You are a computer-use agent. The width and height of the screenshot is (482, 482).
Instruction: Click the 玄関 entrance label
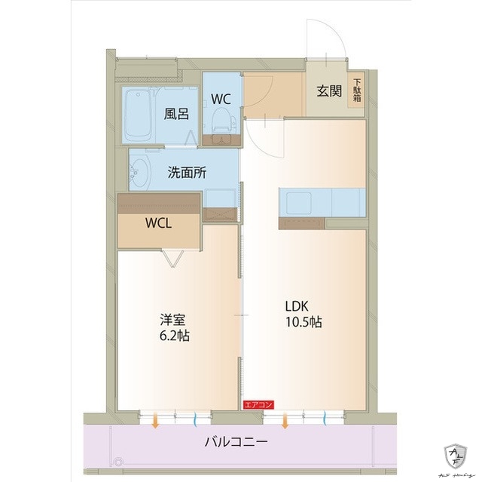(329, 91)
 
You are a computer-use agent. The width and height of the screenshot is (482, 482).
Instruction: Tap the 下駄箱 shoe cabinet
(357, 92)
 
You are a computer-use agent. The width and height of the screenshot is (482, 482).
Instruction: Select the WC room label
(221, 98)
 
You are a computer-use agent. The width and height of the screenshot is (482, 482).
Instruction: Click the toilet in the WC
(222, 121)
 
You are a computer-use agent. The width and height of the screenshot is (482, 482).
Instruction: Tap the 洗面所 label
(187, 171)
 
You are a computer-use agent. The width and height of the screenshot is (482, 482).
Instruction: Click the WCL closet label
(158, 223)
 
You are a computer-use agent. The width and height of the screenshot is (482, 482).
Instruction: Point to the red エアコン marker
(258, 405)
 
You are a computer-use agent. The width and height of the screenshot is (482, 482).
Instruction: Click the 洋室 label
(168, 320)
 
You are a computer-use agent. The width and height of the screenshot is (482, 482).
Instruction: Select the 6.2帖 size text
(173, 336)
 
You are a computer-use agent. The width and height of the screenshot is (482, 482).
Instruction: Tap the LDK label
(297, 306)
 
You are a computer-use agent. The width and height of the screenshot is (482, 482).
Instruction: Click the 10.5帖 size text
(304, 322)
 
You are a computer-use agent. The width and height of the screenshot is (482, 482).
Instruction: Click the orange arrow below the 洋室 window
(155, 422)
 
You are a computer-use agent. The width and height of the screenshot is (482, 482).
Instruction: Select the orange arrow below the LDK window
(285, 422)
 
